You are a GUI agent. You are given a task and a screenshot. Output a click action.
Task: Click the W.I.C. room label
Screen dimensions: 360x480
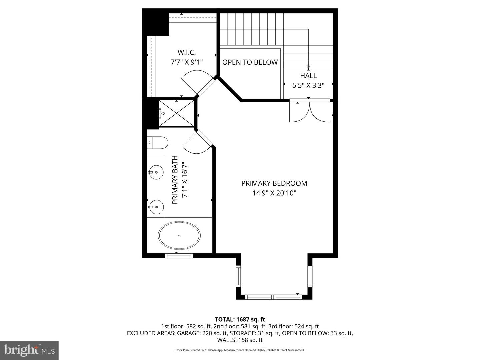coord(186,52)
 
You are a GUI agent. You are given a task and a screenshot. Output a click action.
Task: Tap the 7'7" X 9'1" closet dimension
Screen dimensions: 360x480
coord(186,62)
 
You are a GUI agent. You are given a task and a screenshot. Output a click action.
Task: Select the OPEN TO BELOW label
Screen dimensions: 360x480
coord(250,62)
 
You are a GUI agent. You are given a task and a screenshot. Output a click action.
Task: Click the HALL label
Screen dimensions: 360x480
coord(308,76)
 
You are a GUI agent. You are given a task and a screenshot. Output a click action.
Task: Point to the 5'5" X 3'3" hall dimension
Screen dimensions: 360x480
coord(308,85)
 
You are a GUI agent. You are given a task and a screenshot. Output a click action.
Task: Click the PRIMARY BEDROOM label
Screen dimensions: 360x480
coord(274,183)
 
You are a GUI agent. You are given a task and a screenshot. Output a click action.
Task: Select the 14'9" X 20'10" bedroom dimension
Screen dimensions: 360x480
coord(274,193)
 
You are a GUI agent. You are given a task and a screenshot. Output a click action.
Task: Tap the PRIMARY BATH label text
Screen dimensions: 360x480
coord(175,180)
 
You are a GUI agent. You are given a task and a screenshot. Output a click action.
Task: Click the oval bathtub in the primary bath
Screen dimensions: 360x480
coord(179,235)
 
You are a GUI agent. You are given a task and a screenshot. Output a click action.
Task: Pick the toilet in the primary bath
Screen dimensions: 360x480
coord(158,143)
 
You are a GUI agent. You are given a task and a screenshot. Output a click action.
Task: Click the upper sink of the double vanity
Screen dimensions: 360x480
coord(156,172)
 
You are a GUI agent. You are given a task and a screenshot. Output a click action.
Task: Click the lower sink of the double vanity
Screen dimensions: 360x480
coord(156,207)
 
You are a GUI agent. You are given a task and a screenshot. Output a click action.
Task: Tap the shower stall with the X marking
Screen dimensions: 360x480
coord(176,113)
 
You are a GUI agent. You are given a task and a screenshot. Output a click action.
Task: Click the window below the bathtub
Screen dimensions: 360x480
coord(179,256)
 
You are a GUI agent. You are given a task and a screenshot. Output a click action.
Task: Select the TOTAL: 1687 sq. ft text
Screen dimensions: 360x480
coord(240,320)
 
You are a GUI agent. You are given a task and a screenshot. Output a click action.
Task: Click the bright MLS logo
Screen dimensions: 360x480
coord(29,350)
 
